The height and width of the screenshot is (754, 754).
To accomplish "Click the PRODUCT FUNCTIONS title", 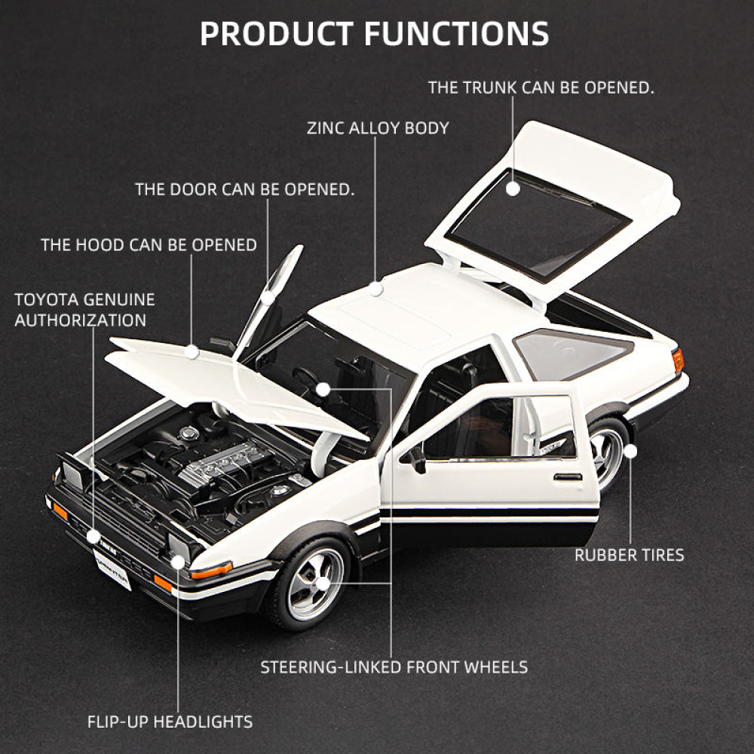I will [375, 33].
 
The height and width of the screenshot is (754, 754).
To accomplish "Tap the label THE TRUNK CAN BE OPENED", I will [541, 87].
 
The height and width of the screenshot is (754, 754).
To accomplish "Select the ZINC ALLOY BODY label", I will [377, 128].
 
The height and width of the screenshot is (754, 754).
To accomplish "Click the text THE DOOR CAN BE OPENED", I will [244, 188].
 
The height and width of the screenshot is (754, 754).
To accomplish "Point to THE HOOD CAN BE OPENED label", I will [149, 245].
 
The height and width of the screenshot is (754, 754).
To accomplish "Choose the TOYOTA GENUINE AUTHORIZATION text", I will [84, 310].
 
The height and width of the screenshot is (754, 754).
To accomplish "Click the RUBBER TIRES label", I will [629, 556].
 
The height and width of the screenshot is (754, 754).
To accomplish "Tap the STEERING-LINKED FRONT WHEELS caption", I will [394, 667].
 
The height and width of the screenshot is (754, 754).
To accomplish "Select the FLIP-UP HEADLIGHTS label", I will [170, 722].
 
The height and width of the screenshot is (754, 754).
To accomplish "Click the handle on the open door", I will [567, 477].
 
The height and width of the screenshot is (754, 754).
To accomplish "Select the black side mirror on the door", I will [416, 458].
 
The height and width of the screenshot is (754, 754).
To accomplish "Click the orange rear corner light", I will [678, 360].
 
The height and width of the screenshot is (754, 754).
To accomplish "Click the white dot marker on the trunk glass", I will [513, 189].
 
